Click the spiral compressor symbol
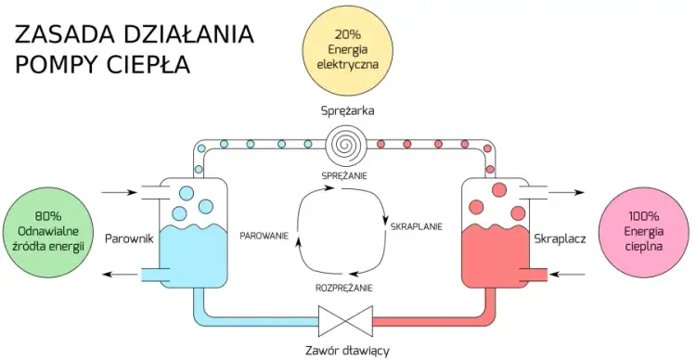[x=348, y=145]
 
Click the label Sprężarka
[x=348, y=110]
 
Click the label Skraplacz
[x=558, y=238]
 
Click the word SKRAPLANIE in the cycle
[x=417, y=225]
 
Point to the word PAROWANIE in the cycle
[x=264, y=236]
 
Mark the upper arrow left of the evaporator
[x=118, y=194]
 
